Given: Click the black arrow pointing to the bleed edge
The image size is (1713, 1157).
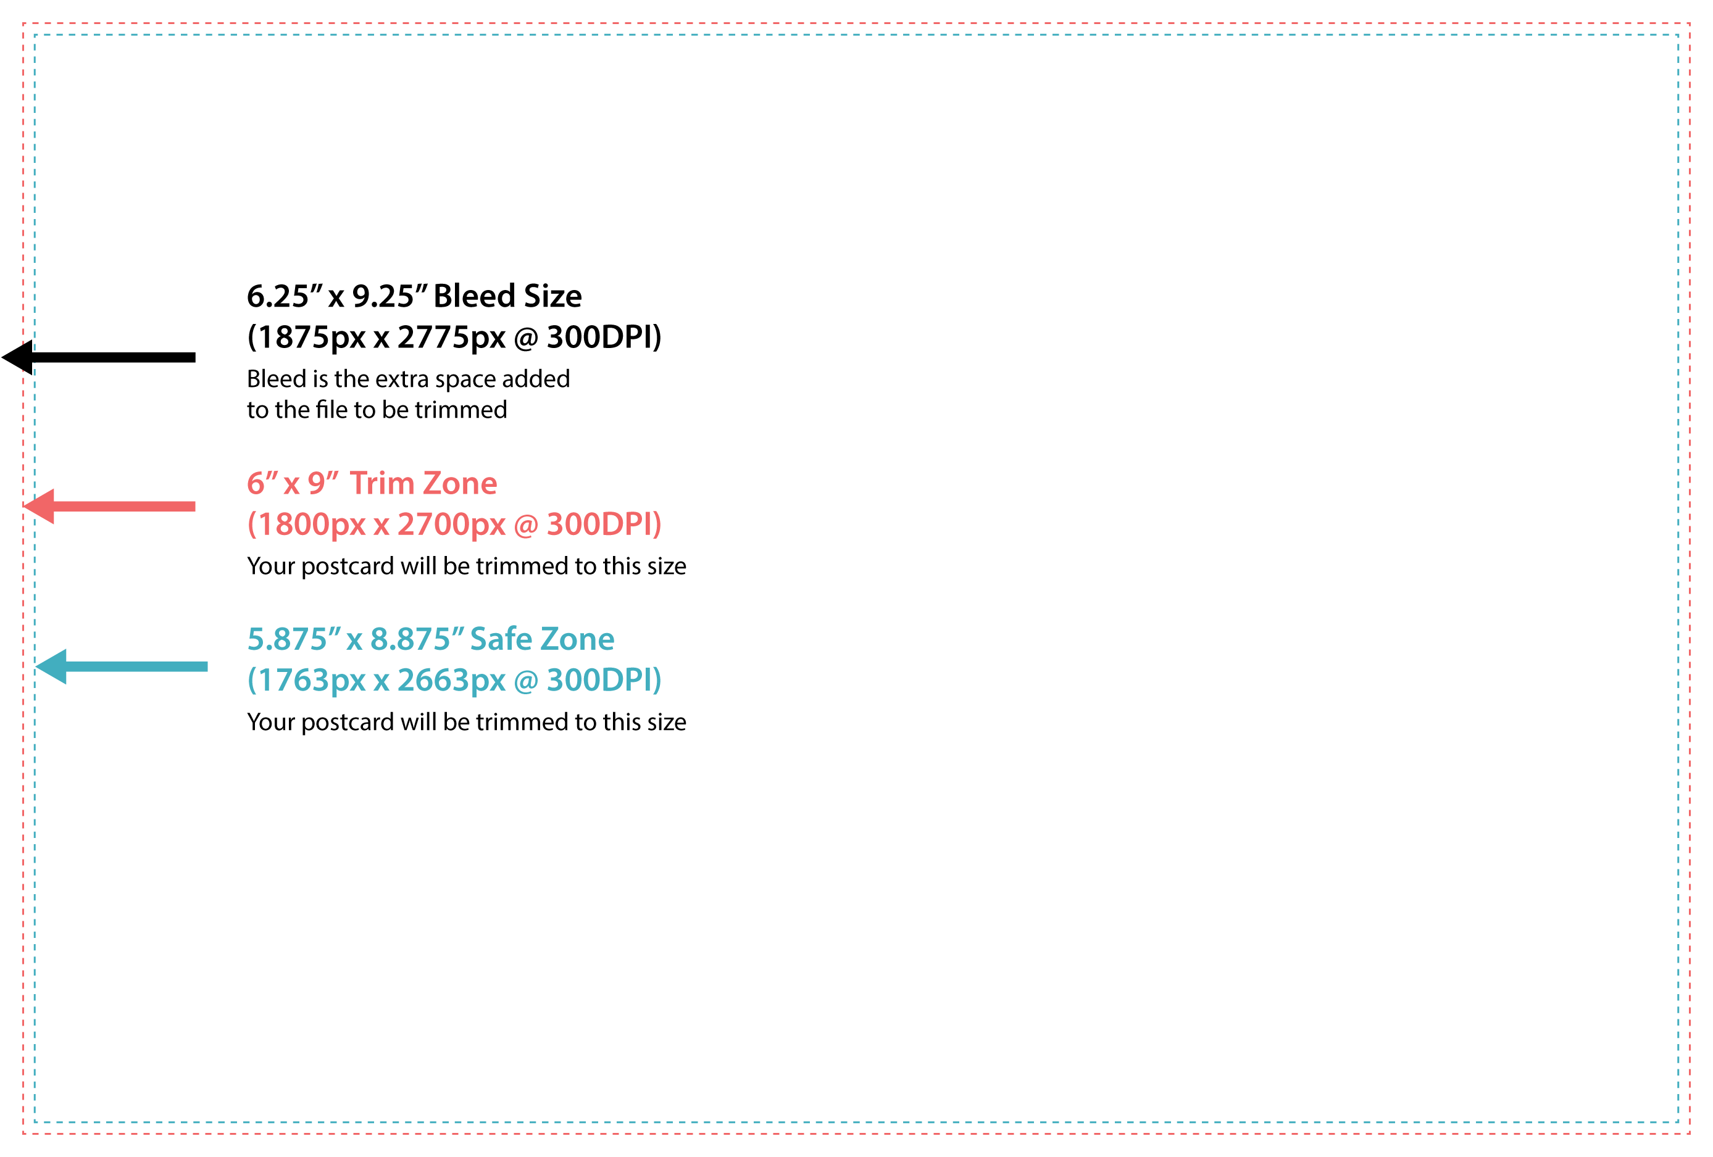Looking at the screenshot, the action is click(x=99, y=357).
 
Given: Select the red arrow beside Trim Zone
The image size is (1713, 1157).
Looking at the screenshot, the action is click(x=109, y=506).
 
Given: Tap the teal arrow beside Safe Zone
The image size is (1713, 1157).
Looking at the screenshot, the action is click(x=122, y=666).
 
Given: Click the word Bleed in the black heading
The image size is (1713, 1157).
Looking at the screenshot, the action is click(x=474, y=296).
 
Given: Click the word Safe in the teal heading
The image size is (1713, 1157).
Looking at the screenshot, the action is click(x=501, y=639).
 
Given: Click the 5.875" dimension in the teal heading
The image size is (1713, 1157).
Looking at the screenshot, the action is click(x=294, y=639).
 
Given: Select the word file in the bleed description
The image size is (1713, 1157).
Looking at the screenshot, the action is click(x=331, y=409).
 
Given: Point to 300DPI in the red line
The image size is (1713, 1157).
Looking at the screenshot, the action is click(x=604, y=525).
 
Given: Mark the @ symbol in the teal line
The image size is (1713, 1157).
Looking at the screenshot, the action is click(x=525, y=681).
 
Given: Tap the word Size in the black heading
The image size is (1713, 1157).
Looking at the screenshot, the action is click(x=553, y=296).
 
